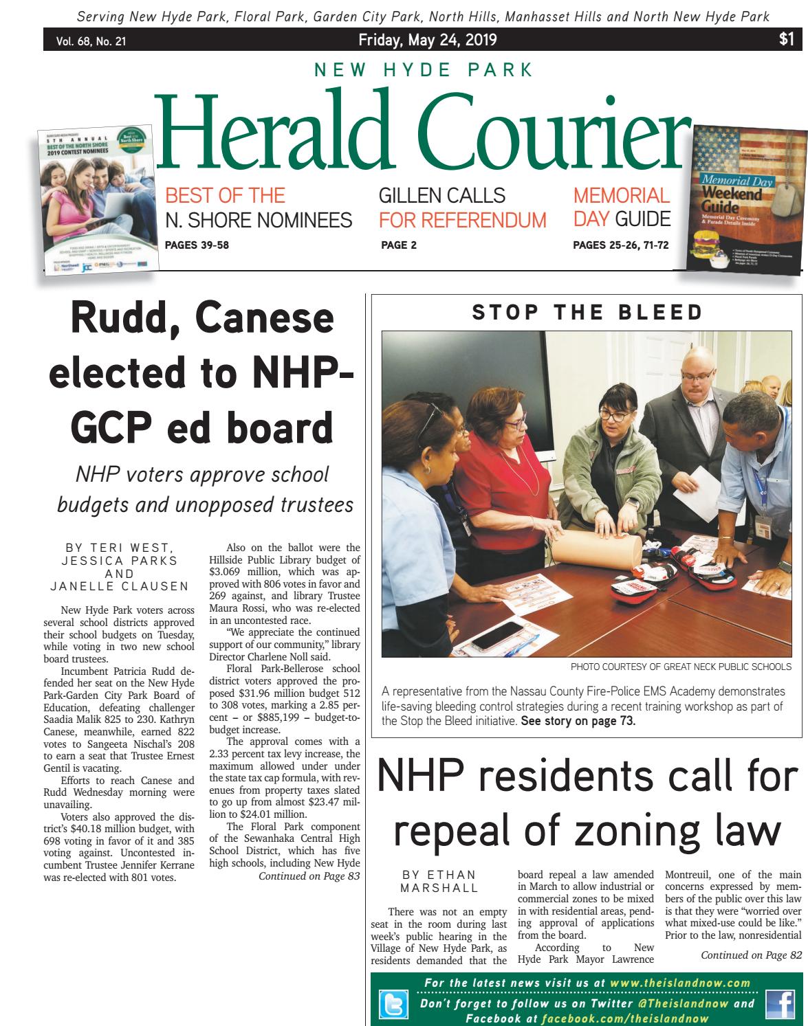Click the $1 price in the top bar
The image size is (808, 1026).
pyautogui.click(x=787, y=40)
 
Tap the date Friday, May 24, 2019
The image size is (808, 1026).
pyautogui.click(x=417, y=41)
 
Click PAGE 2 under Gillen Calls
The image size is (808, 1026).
pyautogui.click(x=398, y=245)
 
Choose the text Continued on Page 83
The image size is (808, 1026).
pyautogui.click(x=309, y=876)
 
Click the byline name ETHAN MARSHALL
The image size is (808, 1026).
pyautogui.click(x=439, y=881)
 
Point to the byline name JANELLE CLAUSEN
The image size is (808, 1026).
pyautogui.click(x=120, y=586)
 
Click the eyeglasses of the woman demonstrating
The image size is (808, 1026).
pyautogui.click(x=612, y=414)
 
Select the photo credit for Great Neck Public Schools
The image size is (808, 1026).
pyautogui.click(x=681, y=667)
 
